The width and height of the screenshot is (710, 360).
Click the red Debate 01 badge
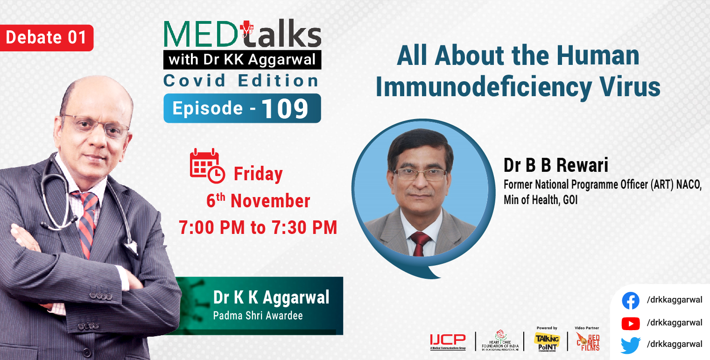[x=47, y=38]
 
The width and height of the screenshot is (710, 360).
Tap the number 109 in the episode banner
[x=285, y=109]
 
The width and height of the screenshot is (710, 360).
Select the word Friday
[x=258, y=174]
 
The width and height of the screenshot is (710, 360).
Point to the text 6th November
[x=258, y=201]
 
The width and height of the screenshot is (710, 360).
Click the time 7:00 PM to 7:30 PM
[x=258, y=227]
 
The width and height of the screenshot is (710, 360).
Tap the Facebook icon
[x=631, y=301]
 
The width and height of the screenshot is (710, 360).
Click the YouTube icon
[x=631, y=323]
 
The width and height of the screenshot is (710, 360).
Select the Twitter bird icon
[x=631, y=345]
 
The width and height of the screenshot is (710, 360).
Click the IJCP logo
[x=448, y=341]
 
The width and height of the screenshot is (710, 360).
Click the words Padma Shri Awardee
[x=258, y=316]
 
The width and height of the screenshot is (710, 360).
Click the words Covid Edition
[x=241, y=81]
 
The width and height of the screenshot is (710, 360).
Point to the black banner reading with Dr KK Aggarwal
[x=242, y=60]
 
